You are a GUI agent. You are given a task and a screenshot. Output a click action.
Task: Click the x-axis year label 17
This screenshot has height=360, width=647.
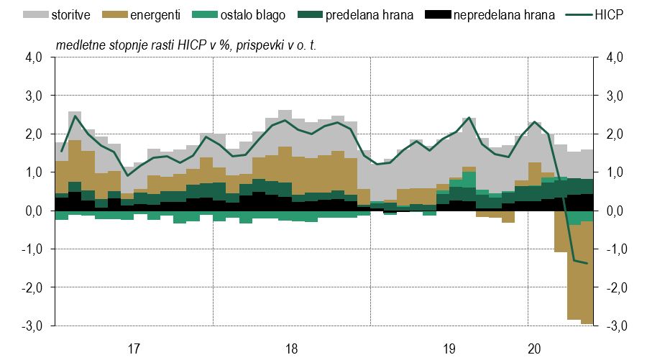133,349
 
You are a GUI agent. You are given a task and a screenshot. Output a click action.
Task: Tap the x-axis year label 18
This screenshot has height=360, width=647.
291,349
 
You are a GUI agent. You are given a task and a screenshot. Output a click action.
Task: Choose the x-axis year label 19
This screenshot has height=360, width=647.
449,349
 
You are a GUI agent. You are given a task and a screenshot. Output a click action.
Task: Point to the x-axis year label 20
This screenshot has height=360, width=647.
535,349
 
